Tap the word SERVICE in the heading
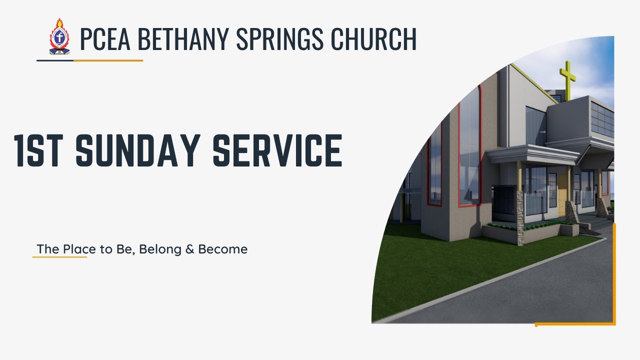pos(277,150)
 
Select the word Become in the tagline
pos(222,249)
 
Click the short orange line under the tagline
pos(59,257)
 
